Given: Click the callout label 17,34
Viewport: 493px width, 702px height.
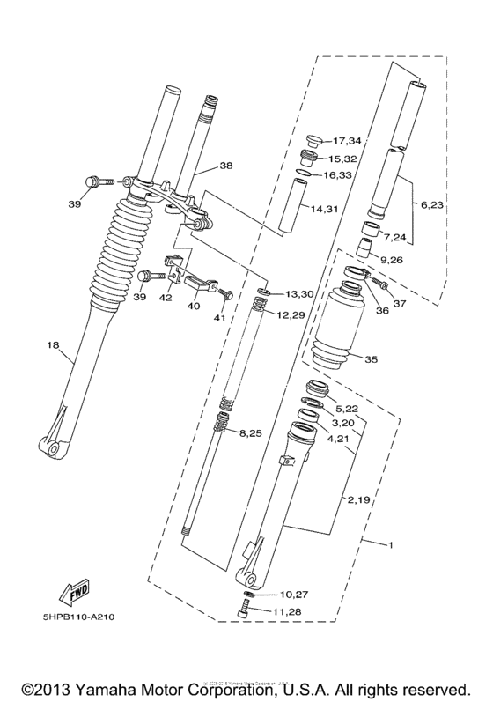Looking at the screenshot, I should [x=348, y=141].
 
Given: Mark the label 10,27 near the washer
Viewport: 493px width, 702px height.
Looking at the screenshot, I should [x=294, y=595].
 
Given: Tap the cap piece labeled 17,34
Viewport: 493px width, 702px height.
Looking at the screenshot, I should [x=313, y=141].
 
